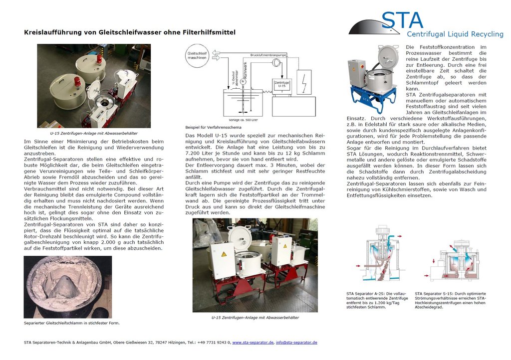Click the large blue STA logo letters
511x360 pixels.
402,20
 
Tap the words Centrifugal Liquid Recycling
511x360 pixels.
455,34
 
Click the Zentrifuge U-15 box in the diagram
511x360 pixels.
281,84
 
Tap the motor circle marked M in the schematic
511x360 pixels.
243,81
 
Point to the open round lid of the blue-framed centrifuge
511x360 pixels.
387,56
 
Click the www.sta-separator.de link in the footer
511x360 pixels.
253,343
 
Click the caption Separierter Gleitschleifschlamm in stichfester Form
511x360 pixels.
71,323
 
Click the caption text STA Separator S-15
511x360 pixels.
435,294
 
